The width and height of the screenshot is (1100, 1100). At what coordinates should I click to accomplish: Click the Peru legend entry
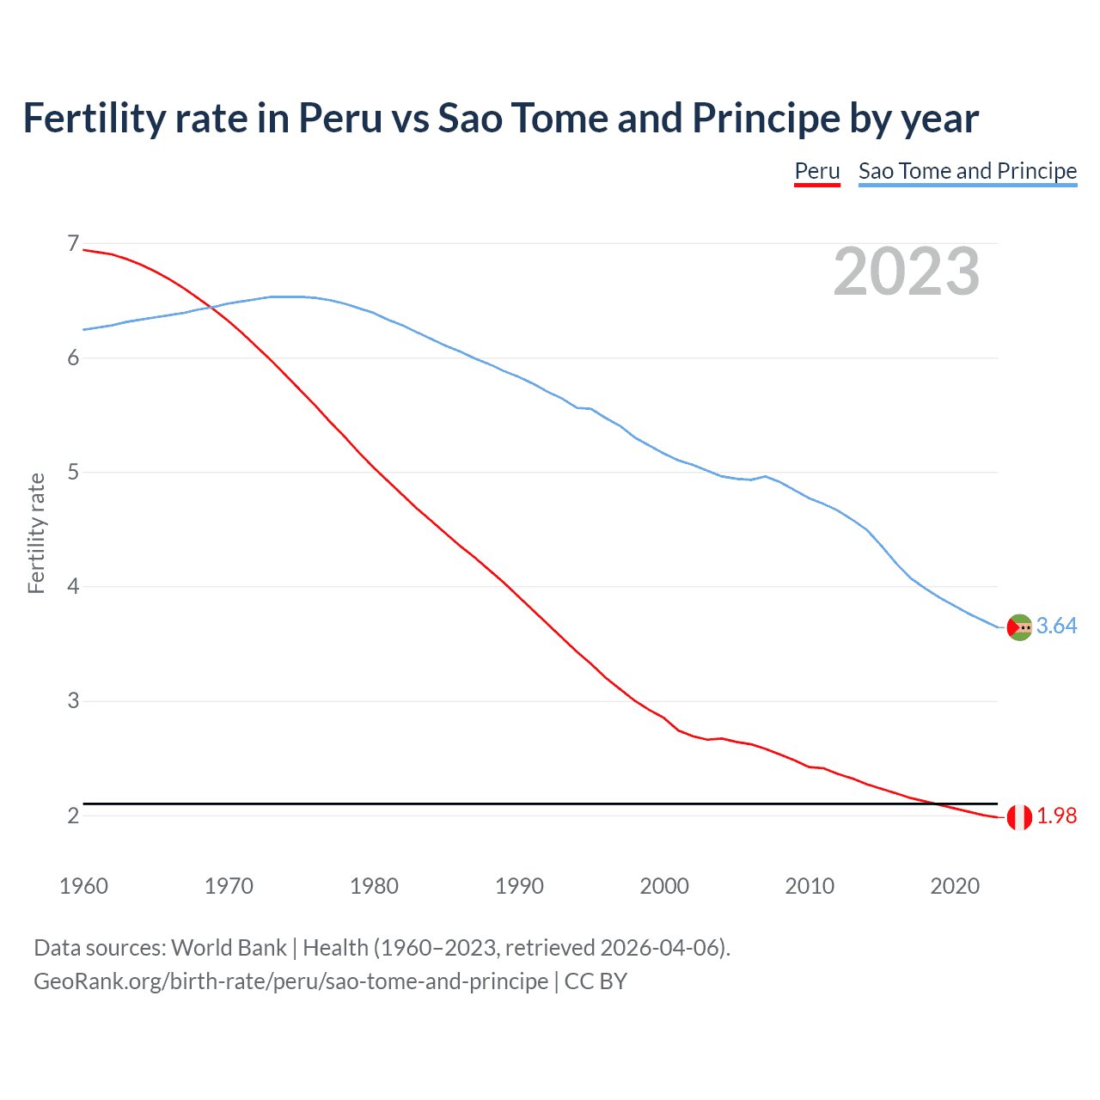[x=816, y=171]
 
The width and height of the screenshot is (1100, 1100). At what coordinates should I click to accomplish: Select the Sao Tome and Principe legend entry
[x=967, y=171]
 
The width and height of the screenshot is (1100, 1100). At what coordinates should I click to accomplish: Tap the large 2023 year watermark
[x=906, y=272]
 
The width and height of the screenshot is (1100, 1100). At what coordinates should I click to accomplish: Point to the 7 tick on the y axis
[x=73, y=244]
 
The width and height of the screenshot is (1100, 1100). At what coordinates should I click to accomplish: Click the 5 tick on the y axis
[x=73, y=472]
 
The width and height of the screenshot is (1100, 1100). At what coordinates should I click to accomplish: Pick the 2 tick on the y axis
[x=73, y=815]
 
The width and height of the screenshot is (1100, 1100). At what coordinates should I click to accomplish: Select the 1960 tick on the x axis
[x=83, y=886]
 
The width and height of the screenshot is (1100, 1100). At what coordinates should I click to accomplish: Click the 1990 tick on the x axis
[x=519, y=886]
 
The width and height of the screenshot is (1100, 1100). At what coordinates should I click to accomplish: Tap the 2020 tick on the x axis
[x=955, y=886]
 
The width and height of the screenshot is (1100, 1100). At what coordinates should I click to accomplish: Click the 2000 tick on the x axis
[x=664, y=886]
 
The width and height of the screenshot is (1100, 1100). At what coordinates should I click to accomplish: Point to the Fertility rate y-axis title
[x=36, y=533]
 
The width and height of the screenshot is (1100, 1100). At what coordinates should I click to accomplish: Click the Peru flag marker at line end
[x=1019, y=817]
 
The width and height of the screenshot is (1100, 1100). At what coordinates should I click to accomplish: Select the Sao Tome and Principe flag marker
[x=1019, y=627]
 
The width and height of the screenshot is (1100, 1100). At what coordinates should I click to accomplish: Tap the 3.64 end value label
[x=1056, y=626]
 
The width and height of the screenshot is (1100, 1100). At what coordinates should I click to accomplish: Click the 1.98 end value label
[x=1056, y=816]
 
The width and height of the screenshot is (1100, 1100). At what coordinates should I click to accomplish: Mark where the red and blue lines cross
[x=211, y=307]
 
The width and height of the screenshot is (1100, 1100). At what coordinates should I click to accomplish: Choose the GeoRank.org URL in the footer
[x=290, y=981]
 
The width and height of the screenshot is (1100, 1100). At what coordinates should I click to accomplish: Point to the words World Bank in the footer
[x=229, y=948]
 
